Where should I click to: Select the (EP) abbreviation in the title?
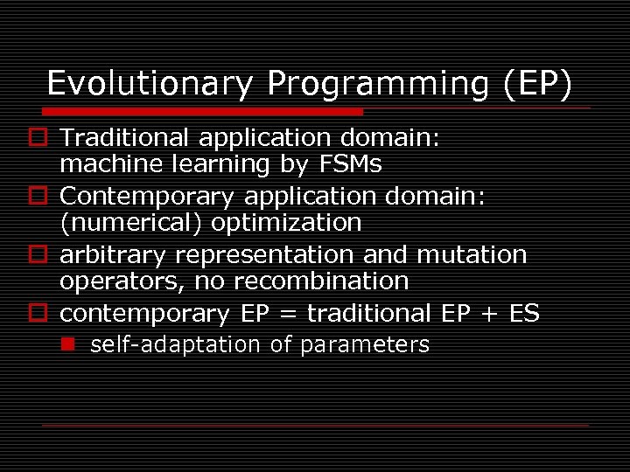538,84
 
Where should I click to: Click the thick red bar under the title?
201,112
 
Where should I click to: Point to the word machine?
103,163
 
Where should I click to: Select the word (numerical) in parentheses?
132,223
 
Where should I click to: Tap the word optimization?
287,223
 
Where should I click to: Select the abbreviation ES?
522,313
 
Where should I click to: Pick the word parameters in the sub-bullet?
364,345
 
